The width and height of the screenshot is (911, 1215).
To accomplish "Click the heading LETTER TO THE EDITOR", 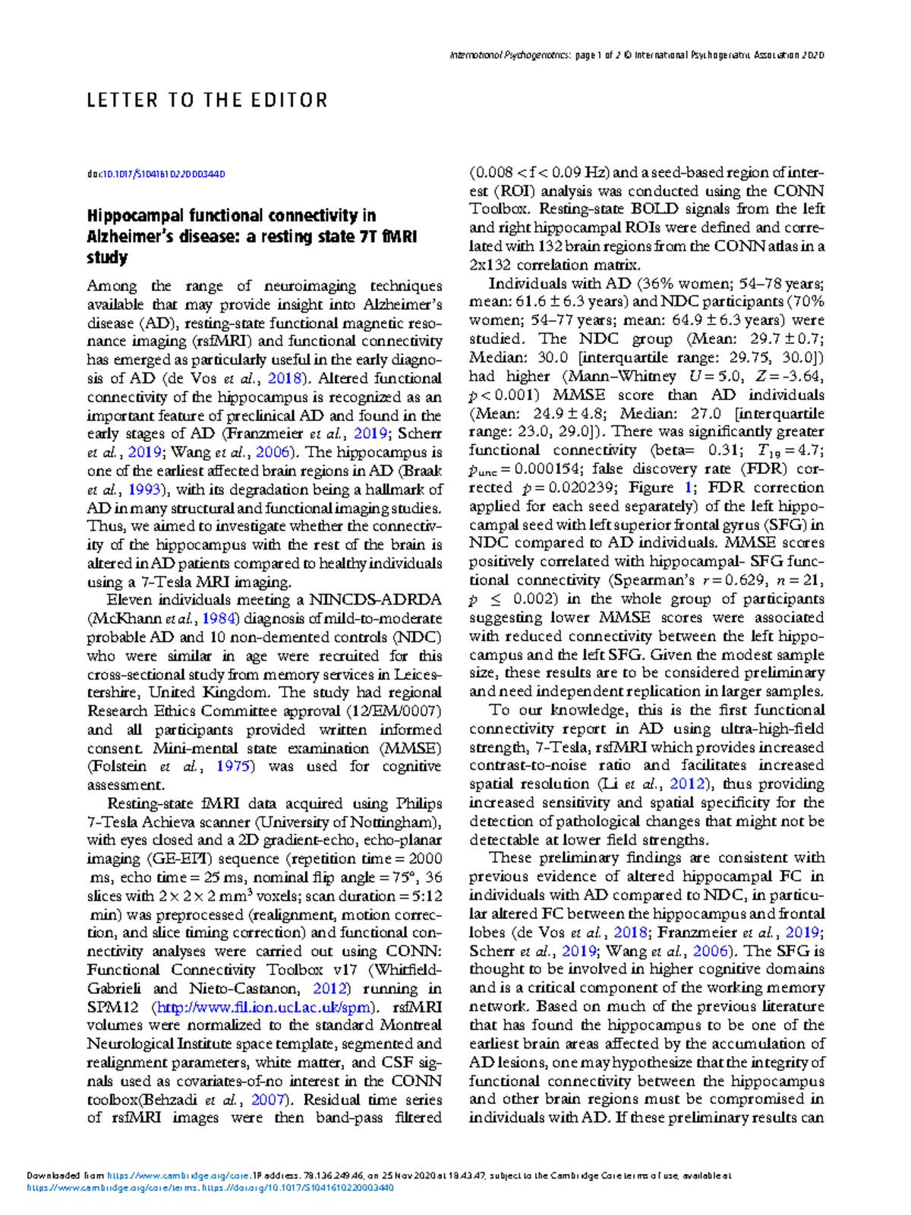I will pos(206,100).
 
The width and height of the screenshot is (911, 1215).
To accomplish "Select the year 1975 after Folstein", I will pos(233,766).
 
